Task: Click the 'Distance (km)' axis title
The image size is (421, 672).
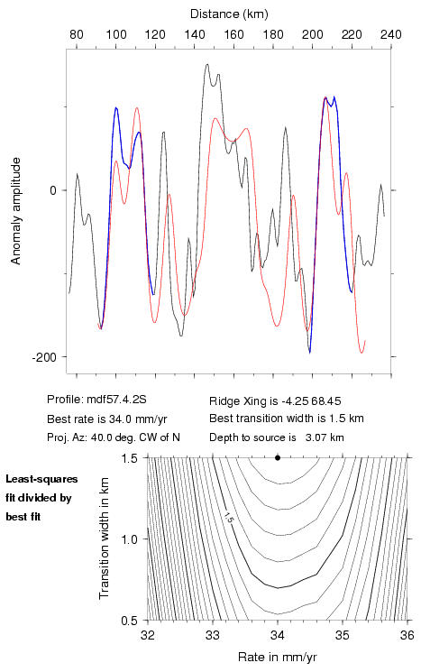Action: (229, 14)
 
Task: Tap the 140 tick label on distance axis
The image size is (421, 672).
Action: (195, 34)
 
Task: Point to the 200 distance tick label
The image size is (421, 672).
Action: (313, 34)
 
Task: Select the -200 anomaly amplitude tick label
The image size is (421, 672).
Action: (44, 357)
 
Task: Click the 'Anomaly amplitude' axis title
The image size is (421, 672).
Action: (16, 211)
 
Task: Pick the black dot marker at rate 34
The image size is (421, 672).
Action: (278, 457)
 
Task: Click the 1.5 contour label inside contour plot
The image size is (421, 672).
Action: (228, 517)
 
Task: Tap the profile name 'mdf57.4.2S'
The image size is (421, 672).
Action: (116, 400)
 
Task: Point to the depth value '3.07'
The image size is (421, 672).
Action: (314, 437)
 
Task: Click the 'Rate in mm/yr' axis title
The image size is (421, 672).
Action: (278, 657)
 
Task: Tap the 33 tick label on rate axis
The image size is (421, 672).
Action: (213, 635)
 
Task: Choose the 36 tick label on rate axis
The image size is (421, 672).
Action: (407, 635)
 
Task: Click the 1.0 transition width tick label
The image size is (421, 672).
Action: (130, 539)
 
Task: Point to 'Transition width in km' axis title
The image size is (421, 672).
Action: (104, 539)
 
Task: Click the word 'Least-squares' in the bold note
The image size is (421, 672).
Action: (42, 479)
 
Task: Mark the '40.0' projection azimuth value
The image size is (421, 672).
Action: (101, 437)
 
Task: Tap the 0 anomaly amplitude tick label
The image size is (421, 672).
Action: (53, 190)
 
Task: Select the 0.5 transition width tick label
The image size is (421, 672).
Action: (130, 621)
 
